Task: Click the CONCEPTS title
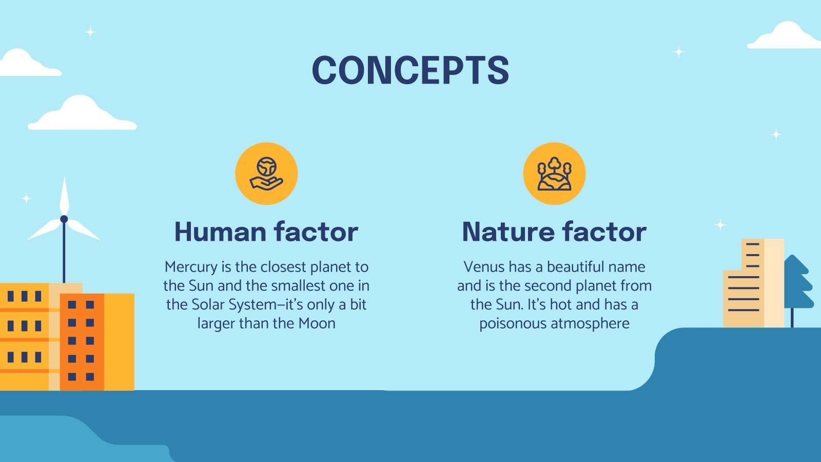pos(411,70)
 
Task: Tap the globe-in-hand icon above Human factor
pos(266,174)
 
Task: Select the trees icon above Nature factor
pos(554,174)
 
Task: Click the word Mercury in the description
pos(191,267)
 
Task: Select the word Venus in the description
pos(484,267)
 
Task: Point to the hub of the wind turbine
pos(64,219)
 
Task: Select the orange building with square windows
pos(82,341)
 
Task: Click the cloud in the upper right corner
pos(785,36)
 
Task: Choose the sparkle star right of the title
pos(679,51)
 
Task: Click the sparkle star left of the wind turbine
pos(27,198)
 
